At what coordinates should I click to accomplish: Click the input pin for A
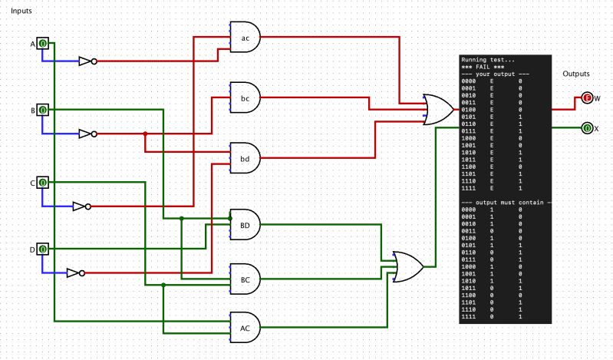click(43, 44)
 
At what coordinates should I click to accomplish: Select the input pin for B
click(43, 111)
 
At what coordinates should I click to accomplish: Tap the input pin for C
click(43, 183)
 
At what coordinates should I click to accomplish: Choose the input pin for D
click(43, 249)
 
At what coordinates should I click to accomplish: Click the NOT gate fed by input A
click(87, 61)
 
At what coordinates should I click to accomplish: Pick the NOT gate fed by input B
click(87, 134)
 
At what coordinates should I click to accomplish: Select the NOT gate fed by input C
click(81, 206)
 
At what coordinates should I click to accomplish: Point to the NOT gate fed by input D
click(75, 272)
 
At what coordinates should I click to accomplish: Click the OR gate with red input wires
click(438, 110)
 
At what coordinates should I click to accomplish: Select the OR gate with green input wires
click(407, 266)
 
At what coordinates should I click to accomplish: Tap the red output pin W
click(587, 98)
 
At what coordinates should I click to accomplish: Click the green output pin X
click(587, 128)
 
